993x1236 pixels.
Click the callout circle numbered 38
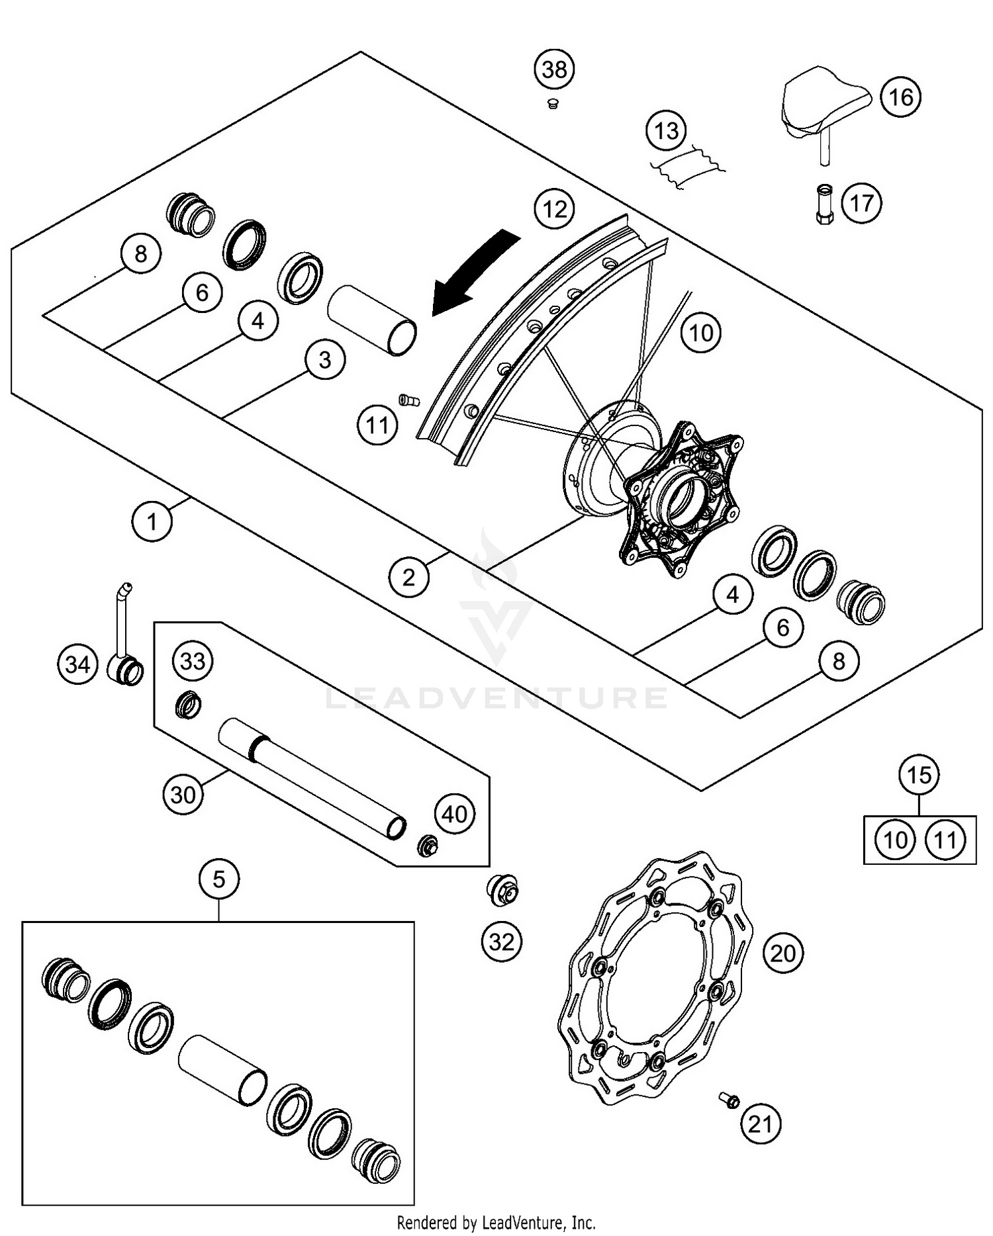[554, 69]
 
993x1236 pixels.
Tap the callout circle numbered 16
[900, 97]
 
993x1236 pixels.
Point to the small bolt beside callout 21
[730, 1100]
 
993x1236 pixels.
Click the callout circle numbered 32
[501, 941]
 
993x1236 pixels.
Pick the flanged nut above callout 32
[502, 890]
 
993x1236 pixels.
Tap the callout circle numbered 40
[454, 814]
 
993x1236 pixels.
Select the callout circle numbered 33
[193, 661]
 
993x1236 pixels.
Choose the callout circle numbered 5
[219, 879]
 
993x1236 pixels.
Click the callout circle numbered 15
[919, 775]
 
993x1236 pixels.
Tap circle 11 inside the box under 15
[945, 840]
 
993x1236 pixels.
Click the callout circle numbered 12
[554, 209]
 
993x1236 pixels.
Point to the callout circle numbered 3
[325, 360]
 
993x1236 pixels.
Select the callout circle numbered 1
[152, 521]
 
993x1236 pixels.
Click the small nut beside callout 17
[824, 204]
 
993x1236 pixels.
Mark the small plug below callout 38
[553, 103]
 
